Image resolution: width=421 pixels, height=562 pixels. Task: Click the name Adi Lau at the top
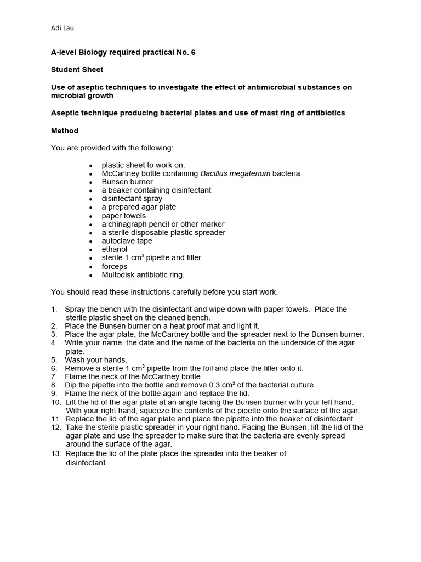tap(62, 29)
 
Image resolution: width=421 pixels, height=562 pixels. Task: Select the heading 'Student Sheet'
tap(77, 70)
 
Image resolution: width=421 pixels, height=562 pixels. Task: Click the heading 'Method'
tap(65, 131)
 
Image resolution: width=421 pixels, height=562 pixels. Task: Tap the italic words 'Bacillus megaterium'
tap(235, 173)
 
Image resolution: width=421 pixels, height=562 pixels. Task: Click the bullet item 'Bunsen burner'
tap(127, 182)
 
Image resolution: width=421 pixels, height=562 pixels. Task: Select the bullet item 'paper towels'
tap(124, 216)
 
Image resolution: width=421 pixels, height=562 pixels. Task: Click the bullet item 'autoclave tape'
tap(127, 241)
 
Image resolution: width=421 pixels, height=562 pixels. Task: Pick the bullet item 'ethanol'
tap(115, 249)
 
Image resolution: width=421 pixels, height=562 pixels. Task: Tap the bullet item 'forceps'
tap(115, 266)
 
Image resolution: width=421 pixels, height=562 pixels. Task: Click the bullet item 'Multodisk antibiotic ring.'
tap(143, 274)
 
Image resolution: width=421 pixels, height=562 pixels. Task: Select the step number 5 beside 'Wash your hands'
tap(54, 360)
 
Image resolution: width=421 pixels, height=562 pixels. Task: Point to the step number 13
tap(56, 453)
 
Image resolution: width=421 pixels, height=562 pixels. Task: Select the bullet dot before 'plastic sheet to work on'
tap(90, 165)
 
